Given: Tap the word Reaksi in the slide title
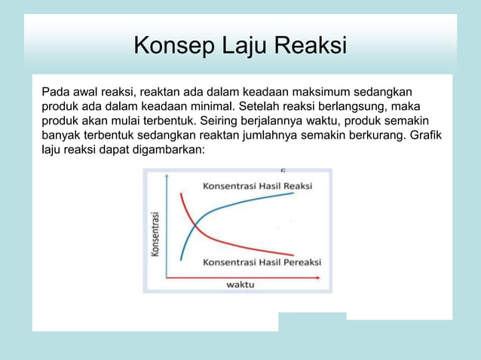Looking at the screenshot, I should coord(309,47).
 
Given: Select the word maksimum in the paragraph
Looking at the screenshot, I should coord(298,93).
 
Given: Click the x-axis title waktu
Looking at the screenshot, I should coord(240,284).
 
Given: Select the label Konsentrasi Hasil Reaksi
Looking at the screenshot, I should coord(257,186).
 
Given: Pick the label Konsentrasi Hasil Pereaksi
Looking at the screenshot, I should coord(262,262).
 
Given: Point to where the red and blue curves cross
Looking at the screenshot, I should coord(195,225).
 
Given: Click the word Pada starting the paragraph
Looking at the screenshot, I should coord(54,93).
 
